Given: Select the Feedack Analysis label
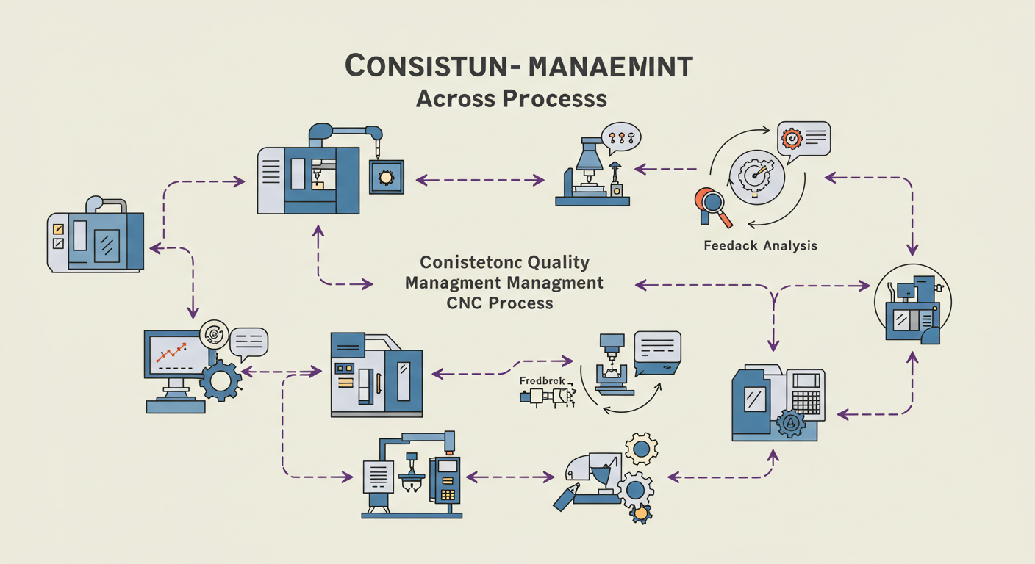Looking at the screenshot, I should click(759, 246).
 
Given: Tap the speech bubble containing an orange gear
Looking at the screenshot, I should click(803, 138).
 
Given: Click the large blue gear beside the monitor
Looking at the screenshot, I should click(220, 380).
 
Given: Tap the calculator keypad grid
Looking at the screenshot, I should click(806, 402).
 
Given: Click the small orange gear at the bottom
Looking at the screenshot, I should click(641, 513).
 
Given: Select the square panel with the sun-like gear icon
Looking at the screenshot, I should click(385, 177).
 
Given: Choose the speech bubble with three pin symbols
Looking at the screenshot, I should click(620, 137).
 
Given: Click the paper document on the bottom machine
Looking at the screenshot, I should click(379, 477).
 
